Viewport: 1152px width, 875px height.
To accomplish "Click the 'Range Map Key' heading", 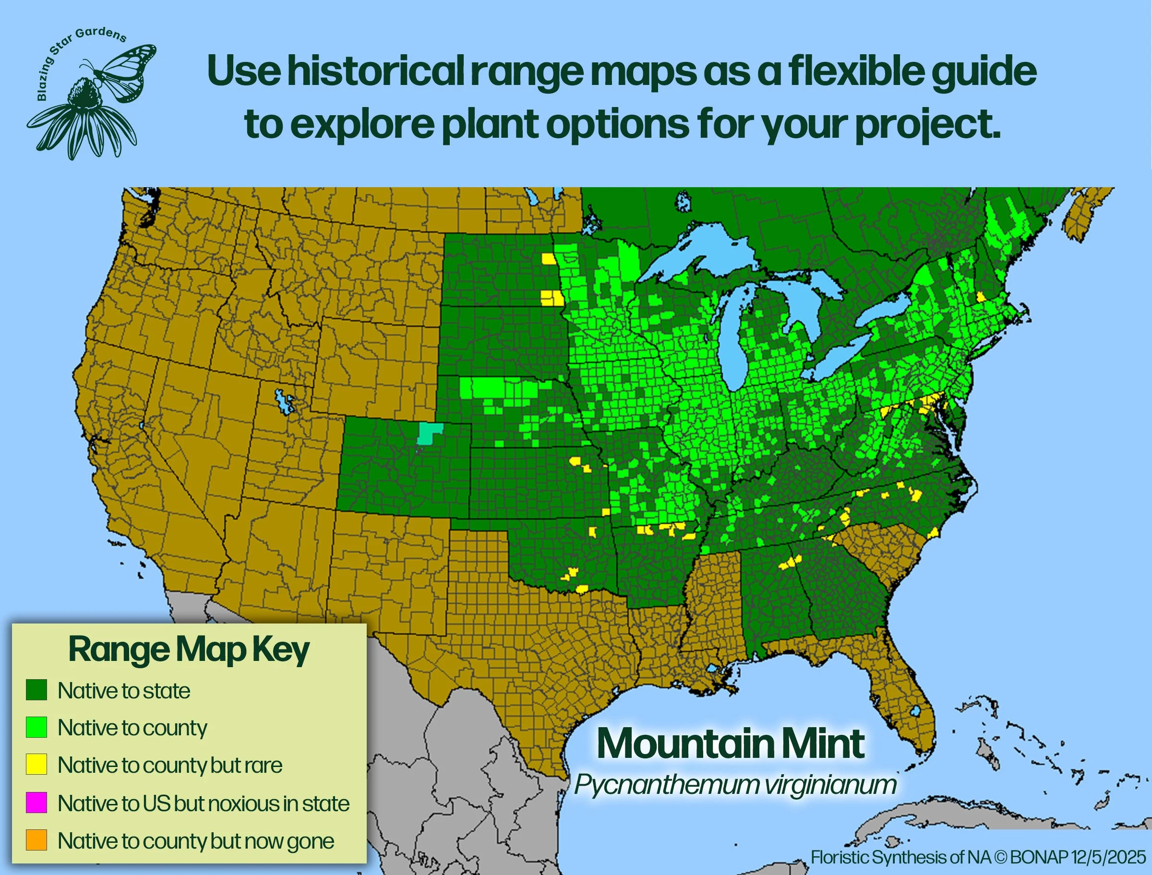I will [x=189, y=650].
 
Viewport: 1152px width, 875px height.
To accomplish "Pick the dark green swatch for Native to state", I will [x=36, y=690].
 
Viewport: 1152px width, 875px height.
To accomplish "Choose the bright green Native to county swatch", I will [x=36, y=727].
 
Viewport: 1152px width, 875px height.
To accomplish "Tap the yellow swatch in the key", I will [x=36, y=765].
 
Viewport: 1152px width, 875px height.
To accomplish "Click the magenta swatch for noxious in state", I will [x=36, y=803].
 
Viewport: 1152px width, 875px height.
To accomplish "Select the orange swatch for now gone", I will [x=36, y=840].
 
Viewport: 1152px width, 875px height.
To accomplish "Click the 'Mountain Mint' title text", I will [x=731, y=744].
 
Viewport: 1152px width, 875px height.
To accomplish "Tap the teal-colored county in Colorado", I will [x=429, y=433].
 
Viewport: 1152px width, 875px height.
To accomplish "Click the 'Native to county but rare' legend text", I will [x=170, y=765].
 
